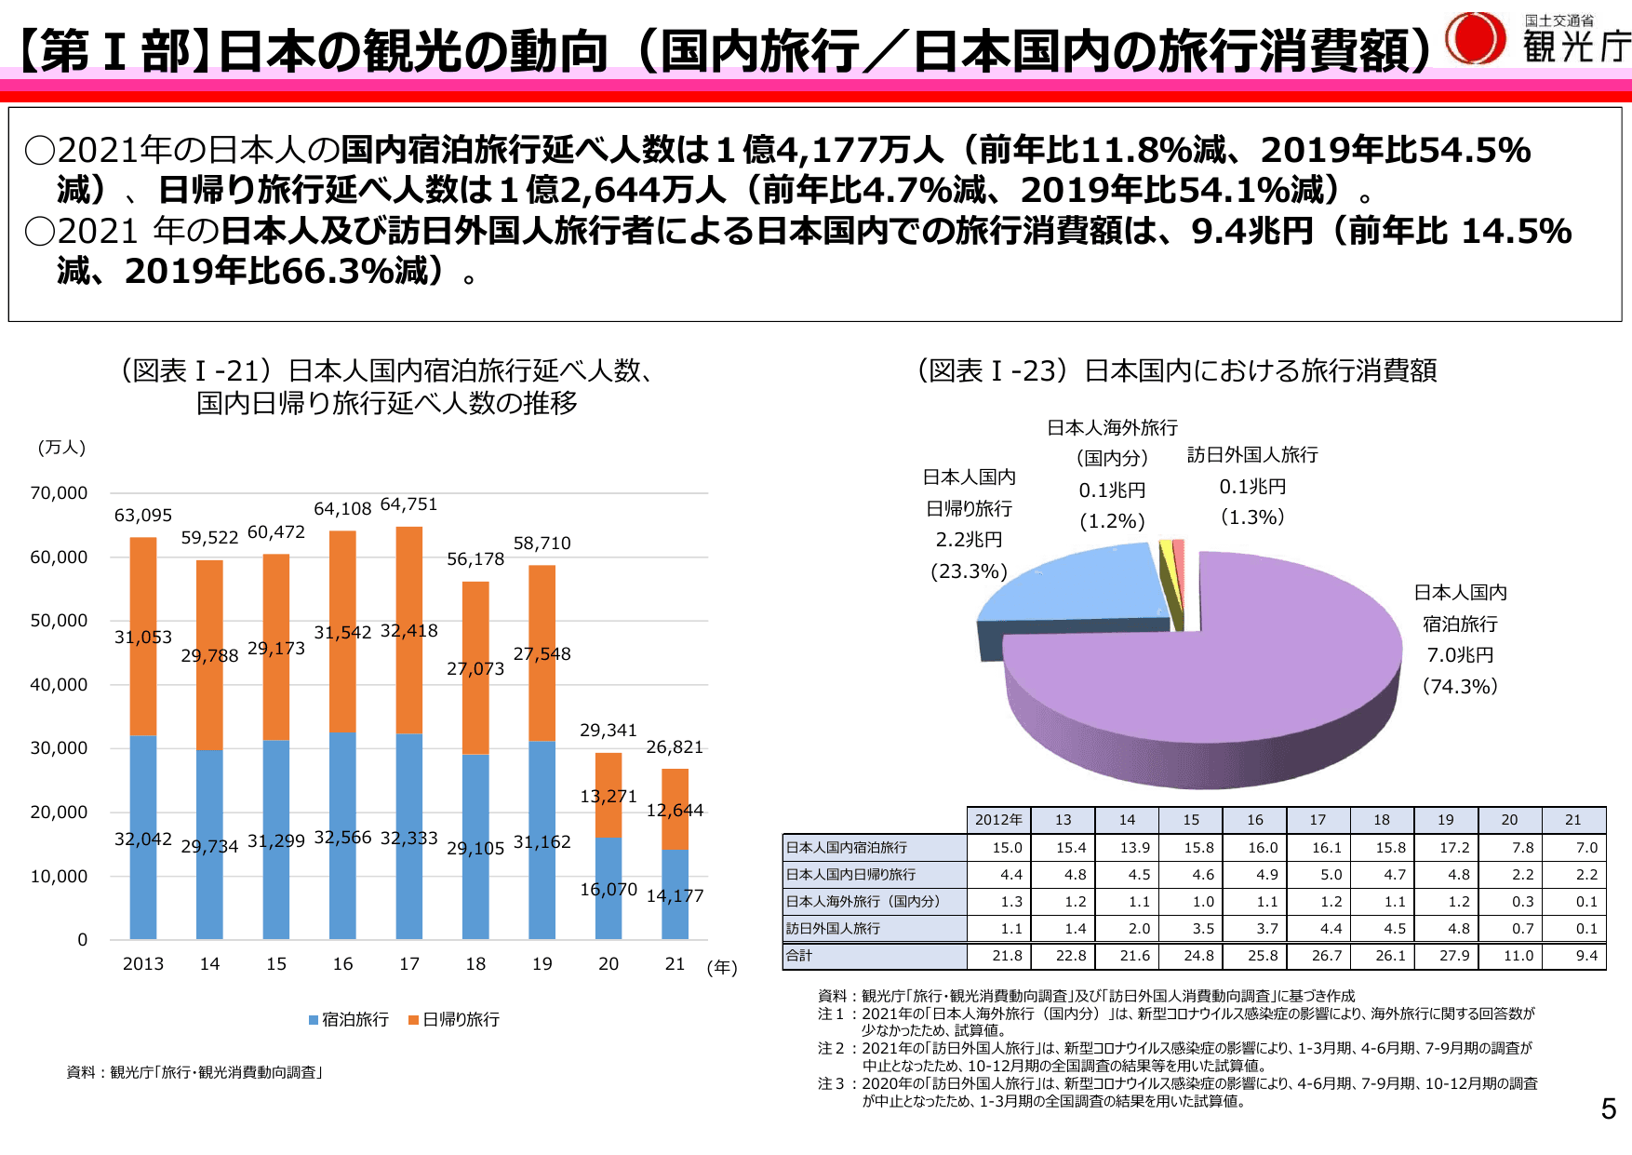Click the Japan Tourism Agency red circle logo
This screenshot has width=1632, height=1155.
tap(1476, 39)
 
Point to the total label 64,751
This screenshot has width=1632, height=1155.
tap(408, 504)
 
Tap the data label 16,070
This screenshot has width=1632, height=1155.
tap(609, 890)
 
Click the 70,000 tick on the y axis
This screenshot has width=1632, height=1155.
tap(59, 493)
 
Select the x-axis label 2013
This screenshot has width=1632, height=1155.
tap(143, 964)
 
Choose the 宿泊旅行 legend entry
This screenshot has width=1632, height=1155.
tap(349, 1020)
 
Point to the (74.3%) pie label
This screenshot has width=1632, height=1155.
tap(1460, 687)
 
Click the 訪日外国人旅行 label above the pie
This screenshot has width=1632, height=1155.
tap(1252, 455)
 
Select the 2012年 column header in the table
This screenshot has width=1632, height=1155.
tap(998, 820)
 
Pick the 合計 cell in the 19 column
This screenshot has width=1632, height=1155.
tap(1454, 956)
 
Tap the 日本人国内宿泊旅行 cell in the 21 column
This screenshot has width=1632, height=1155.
tap(1586, 848)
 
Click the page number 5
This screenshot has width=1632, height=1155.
tap(1608, 1108)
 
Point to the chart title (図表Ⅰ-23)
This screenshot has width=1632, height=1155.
tap(1177, 371)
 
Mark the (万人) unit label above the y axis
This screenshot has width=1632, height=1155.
tap(62, 448)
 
